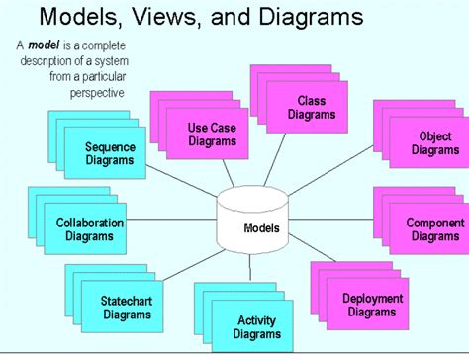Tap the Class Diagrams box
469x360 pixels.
coord(311,107)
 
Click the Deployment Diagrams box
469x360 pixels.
coord(372,305)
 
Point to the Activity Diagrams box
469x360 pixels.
coord(255,326)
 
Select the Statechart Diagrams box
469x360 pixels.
coord(126,308)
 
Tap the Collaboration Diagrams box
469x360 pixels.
coord(89,229)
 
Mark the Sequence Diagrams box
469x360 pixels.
coord(109,153)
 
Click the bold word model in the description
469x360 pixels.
coord(44,45)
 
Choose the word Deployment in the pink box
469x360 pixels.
coord(373,299)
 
